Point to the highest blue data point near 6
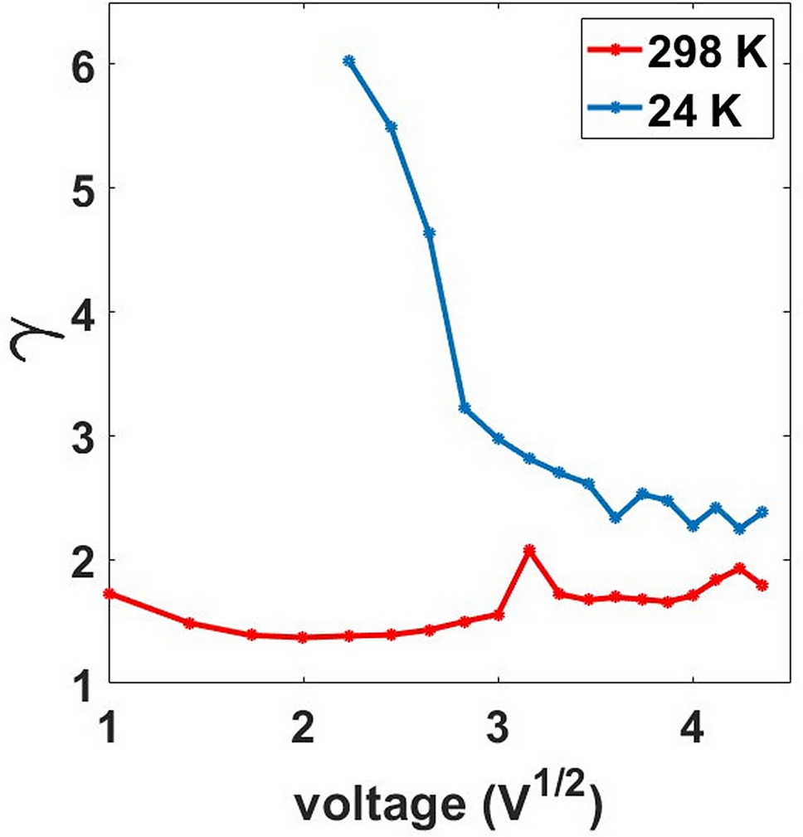(349, 61)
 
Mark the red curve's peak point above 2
(529, 550)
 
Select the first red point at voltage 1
(109, 593)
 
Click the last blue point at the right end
(762, 512)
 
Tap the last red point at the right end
(762, 585)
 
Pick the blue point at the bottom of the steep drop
(465, 407)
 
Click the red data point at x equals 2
(303, 637)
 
